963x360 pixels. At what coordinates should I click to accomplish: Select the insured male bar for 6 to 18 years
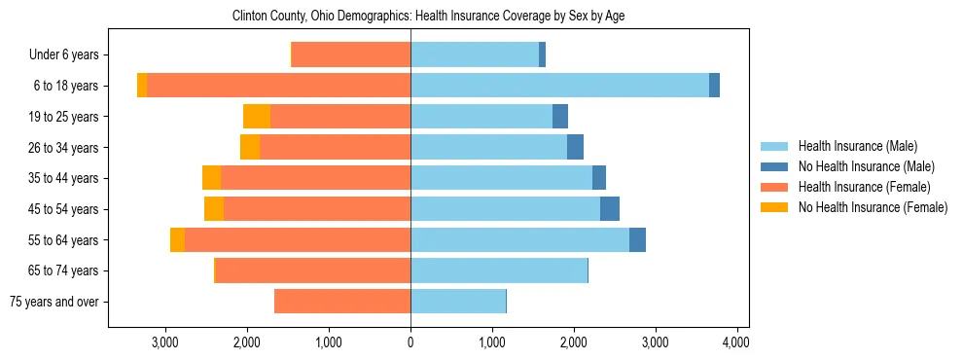(559, 86)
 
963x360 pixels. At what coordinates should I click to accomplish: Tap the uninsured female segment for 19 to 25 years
(257, 117)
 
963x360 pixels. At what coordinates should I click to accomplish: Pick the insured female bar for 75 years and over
(342, 302)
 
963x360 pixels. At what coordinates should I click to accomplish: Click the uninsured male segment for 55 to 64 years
(637, 240)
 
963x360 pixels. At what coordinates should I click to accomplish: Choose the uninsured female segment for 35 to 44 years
(212, 178)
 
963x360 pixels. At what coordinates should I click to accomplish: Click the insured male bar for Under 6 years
(475, 54)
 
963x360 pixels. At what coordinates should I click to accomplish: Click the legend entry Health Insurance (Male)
(857, 146)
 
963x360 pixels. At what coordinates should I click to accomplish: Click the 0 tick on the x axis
(410, 342)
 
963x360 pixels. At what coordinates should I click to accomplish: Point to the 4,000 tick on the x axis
(736, 342)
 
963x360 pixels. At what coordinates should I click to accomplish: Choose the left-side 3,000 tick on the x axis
(165, 342)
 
